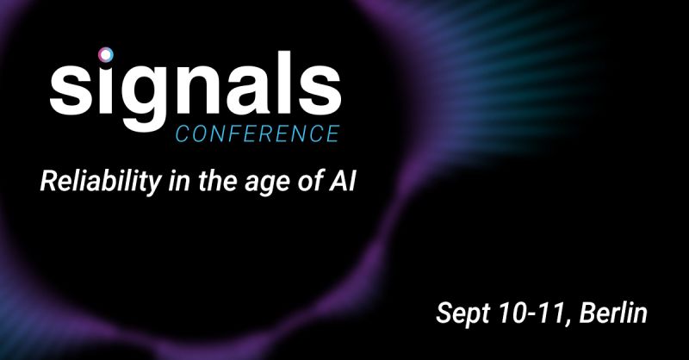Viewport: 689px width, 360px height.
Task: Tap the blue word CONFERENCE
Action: coord(258,133)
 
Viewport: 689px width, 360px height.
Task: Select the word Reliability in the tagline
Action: coord(101,182)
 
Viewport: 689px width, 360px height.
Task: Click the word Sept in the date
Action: coord(462,313)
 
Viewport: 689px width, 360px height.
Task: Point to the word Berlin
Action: coord(613,313)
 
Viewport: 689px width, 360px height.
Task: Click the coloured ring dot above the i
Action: coord(106,54)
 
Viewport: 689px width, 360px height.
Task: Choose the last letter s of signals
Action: coord(321,90)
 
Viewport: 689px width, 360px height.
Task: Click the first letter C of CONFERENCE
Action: coord(183,134)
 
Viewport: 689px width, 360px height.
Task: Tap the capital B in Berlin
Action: coord(588,313)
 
